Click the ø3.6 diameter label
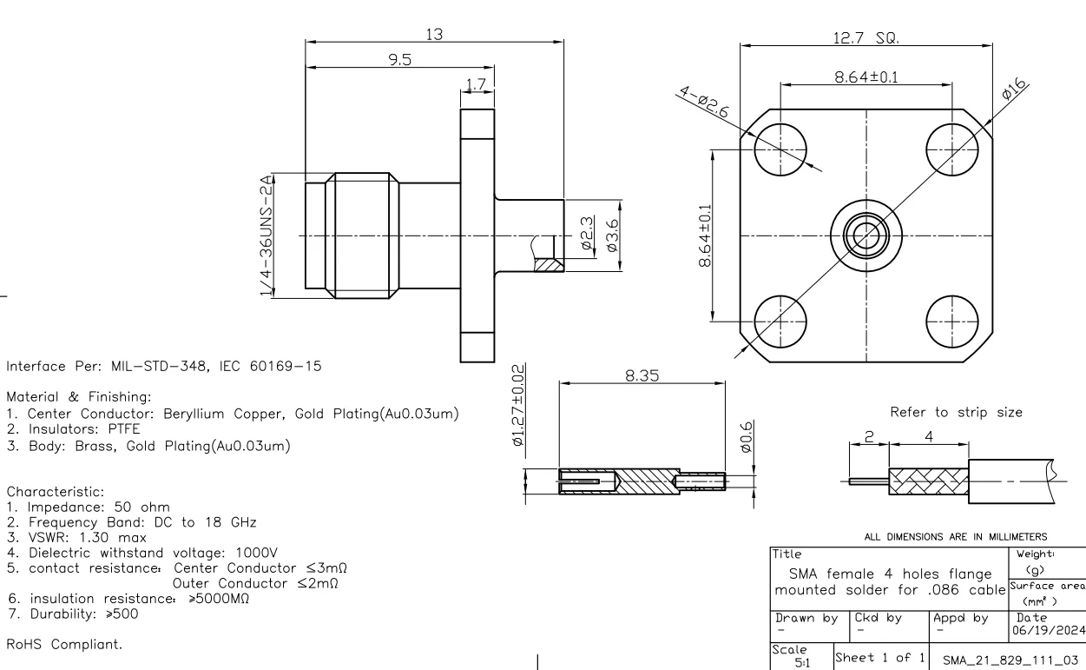click(x=614, y=235)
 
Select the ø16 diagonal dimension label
click(x=1013, y=92)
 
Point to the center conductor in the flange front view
click(x=866, y=235)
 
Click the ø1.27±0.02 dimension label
click(x=519, y=407)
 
